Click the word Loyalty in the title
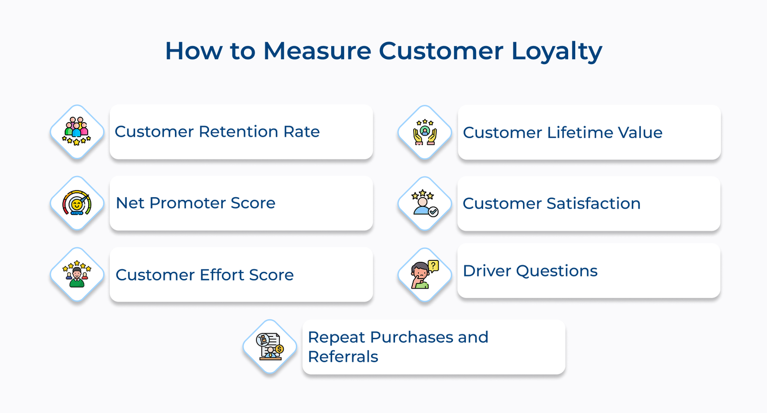557,52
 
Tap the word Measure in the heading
317,51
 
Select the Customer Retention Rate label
217,132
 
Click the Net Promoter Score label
196,203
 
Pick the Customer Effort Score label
204,275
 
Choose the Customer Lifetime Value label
563,132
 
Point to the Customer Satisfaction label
552,203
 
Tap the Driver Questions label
530,271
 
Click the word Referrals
343,357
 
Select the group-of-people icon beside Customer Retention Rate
77,131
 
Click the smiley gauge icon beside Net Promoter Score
77,203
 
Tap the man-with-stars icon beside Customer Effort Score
77,274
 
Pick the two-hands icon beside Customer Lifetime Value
425,132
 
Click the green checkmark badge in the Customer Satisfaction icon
433,212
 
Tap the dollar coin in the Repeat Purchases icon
279,349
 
